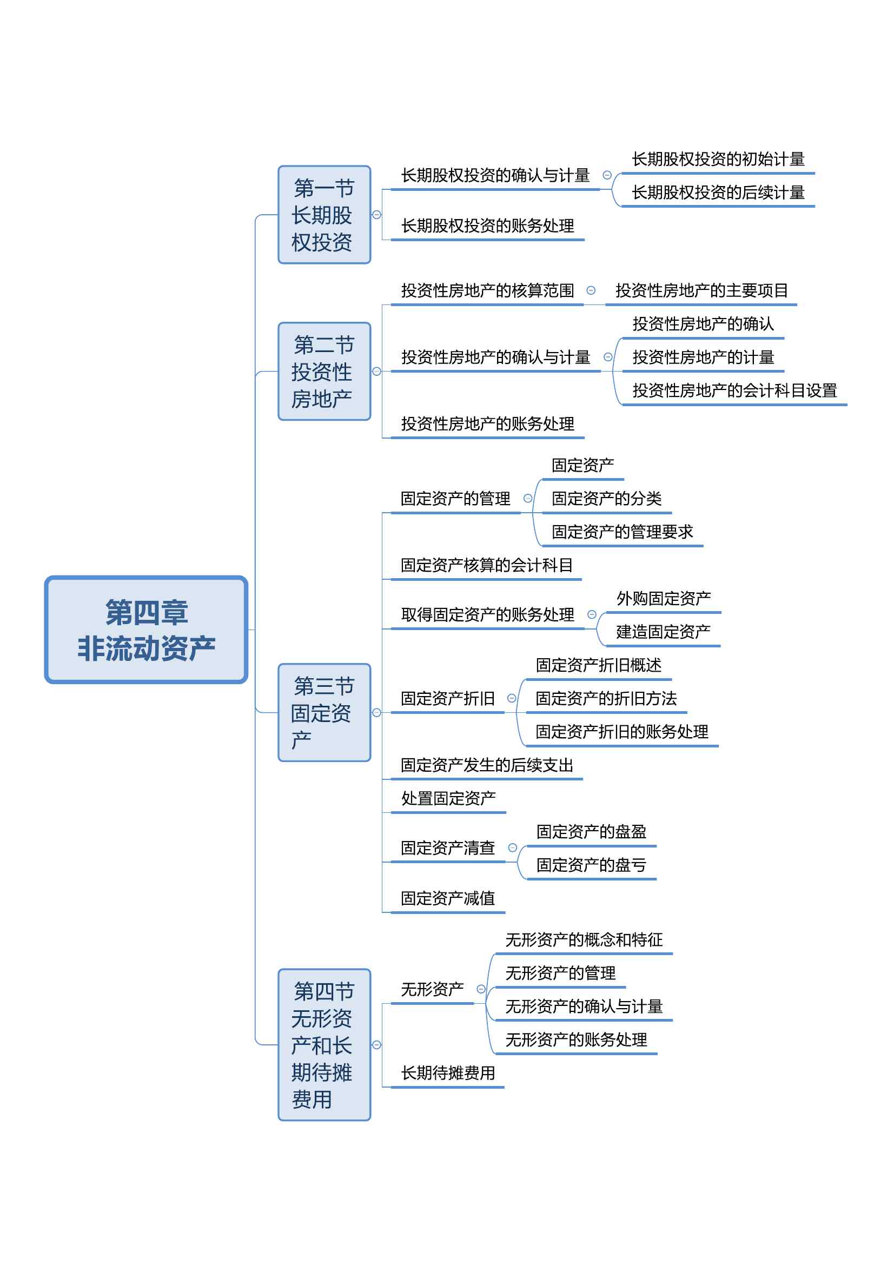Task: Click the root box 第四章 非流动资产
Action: pos(146,629)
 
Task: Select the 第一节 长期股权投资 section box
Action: pos(325,214)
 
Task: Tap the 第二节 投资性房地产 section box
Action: pos(325,372)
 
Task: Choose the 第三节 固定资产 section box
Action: pos(325,712)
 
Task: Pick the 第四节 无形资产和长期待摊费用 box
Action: pos(325,1045)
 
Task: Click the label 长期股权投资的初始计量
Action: pos(718,159)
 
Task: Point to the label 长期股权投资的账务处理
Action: pos(487,226)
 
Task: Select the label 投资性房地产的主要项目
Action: pos(702,290)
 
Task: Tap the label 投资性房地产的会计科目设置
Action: pos(735,390)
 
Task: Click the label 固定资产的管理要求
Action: pos(623,532)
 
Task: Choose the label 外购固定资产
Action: pos(664,598)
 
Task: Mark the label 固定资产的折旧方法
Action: pos(606,699)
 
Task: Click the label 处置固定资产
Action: pos(448,798)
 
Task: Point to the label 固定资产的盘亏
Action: pos(592,865)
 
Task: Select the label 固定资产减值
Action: pos(448,899)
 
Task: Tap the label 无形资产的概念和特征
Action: pos(584,940)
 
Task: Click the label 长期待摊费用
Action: pos(448,1073)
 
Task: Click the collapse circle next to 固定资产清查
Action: pos(512,848)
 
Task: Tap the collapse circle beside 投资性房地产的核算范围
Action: pos(591,290)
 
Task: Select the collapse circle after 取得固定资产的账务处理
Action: pos(592,614)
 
